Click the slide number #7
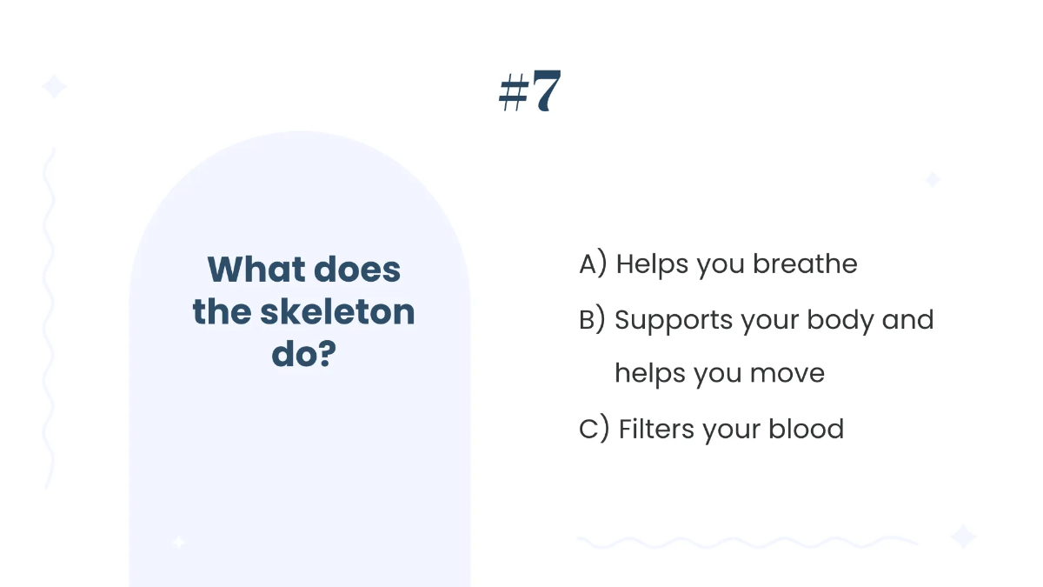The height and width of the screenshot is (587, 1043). (x=530, y=91)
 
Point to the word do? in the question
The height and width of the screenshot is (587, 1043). (x=303, y=354)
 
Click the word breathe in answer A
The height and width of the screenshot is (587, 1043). (x=805, y=264)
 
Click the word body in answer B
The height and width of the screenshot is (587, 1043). (x=840, y=320)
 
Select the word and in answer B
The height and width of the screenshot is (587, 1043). (x=907, y=320)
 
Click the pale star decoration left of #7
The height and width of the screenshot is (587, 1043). (x=54, y=87)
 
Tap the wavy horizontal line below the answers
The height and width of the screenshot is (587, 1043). (x=747, y=543)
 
